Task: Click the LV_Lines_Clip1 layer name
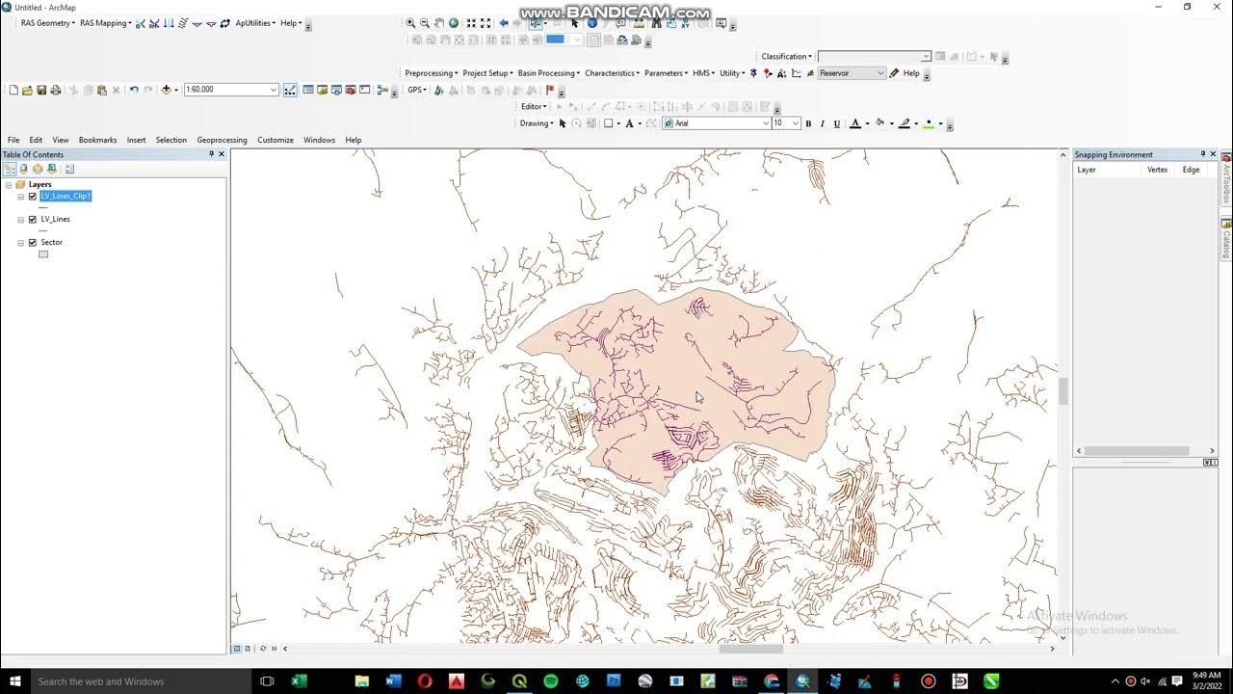coord(66,196)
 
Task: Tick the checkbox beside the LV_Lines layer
coord(33,219)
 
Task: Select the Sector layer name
coord(51,243)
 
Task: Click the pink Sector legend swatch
coord(43,254)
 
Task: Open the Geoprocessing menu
coord(222,140)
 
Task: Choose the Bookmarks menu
coord(97,140)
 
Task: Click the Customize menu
coord(275,140)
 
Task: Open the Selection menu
coord(171,140)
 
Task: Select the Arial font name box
coord(718,123)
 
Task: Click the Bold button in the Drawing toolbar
coord(808,123)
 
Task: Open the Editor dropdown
coord(534,107)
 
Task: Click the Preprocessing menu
coord(430,73)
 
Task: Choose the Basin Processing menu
coord(547,73)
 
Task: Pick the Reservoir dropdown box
coord(851,73)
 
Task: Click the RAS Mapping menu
coord(105,23)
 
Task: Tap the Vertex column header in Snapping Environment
coord(1157,170)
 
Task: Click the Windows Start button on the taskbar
coord(14,681)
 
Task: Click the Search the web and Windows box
coord(135,681)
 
